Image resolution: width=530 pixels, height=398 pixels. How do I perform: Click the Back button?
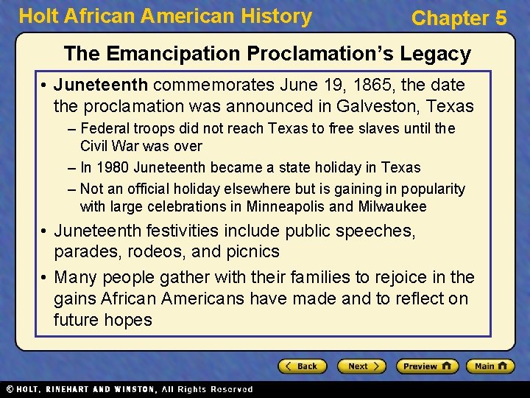pyautogui.click(x=302, y=366)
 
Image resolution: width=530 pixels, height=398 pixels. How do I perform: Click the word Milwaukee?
pyautogui.click(x=392, y=206)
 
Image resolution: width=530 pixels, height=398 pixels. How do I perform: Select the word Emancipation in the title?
pyautogui.click(x=172, y=53)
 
